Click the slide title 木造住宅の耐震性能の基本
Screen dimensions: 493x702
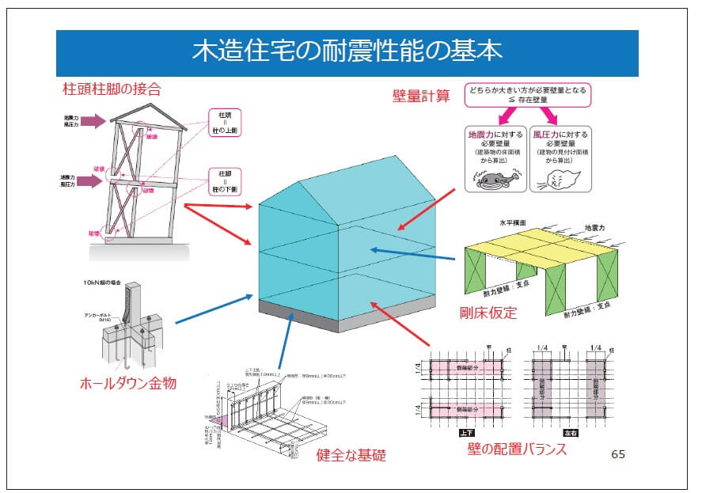[x=347, y=52]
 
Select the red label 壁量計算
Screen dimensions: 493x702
[x=421, y=97]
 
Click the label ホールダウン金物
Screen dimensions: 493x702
[x=127, y=384]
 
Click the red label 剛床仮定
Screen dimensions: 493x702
[x=488, y=313]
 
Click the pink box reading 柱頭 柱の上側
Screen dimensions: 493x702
[x=224, y=123]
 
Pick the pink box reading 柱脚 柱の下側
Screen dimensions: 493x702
[x=224, y=181]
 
